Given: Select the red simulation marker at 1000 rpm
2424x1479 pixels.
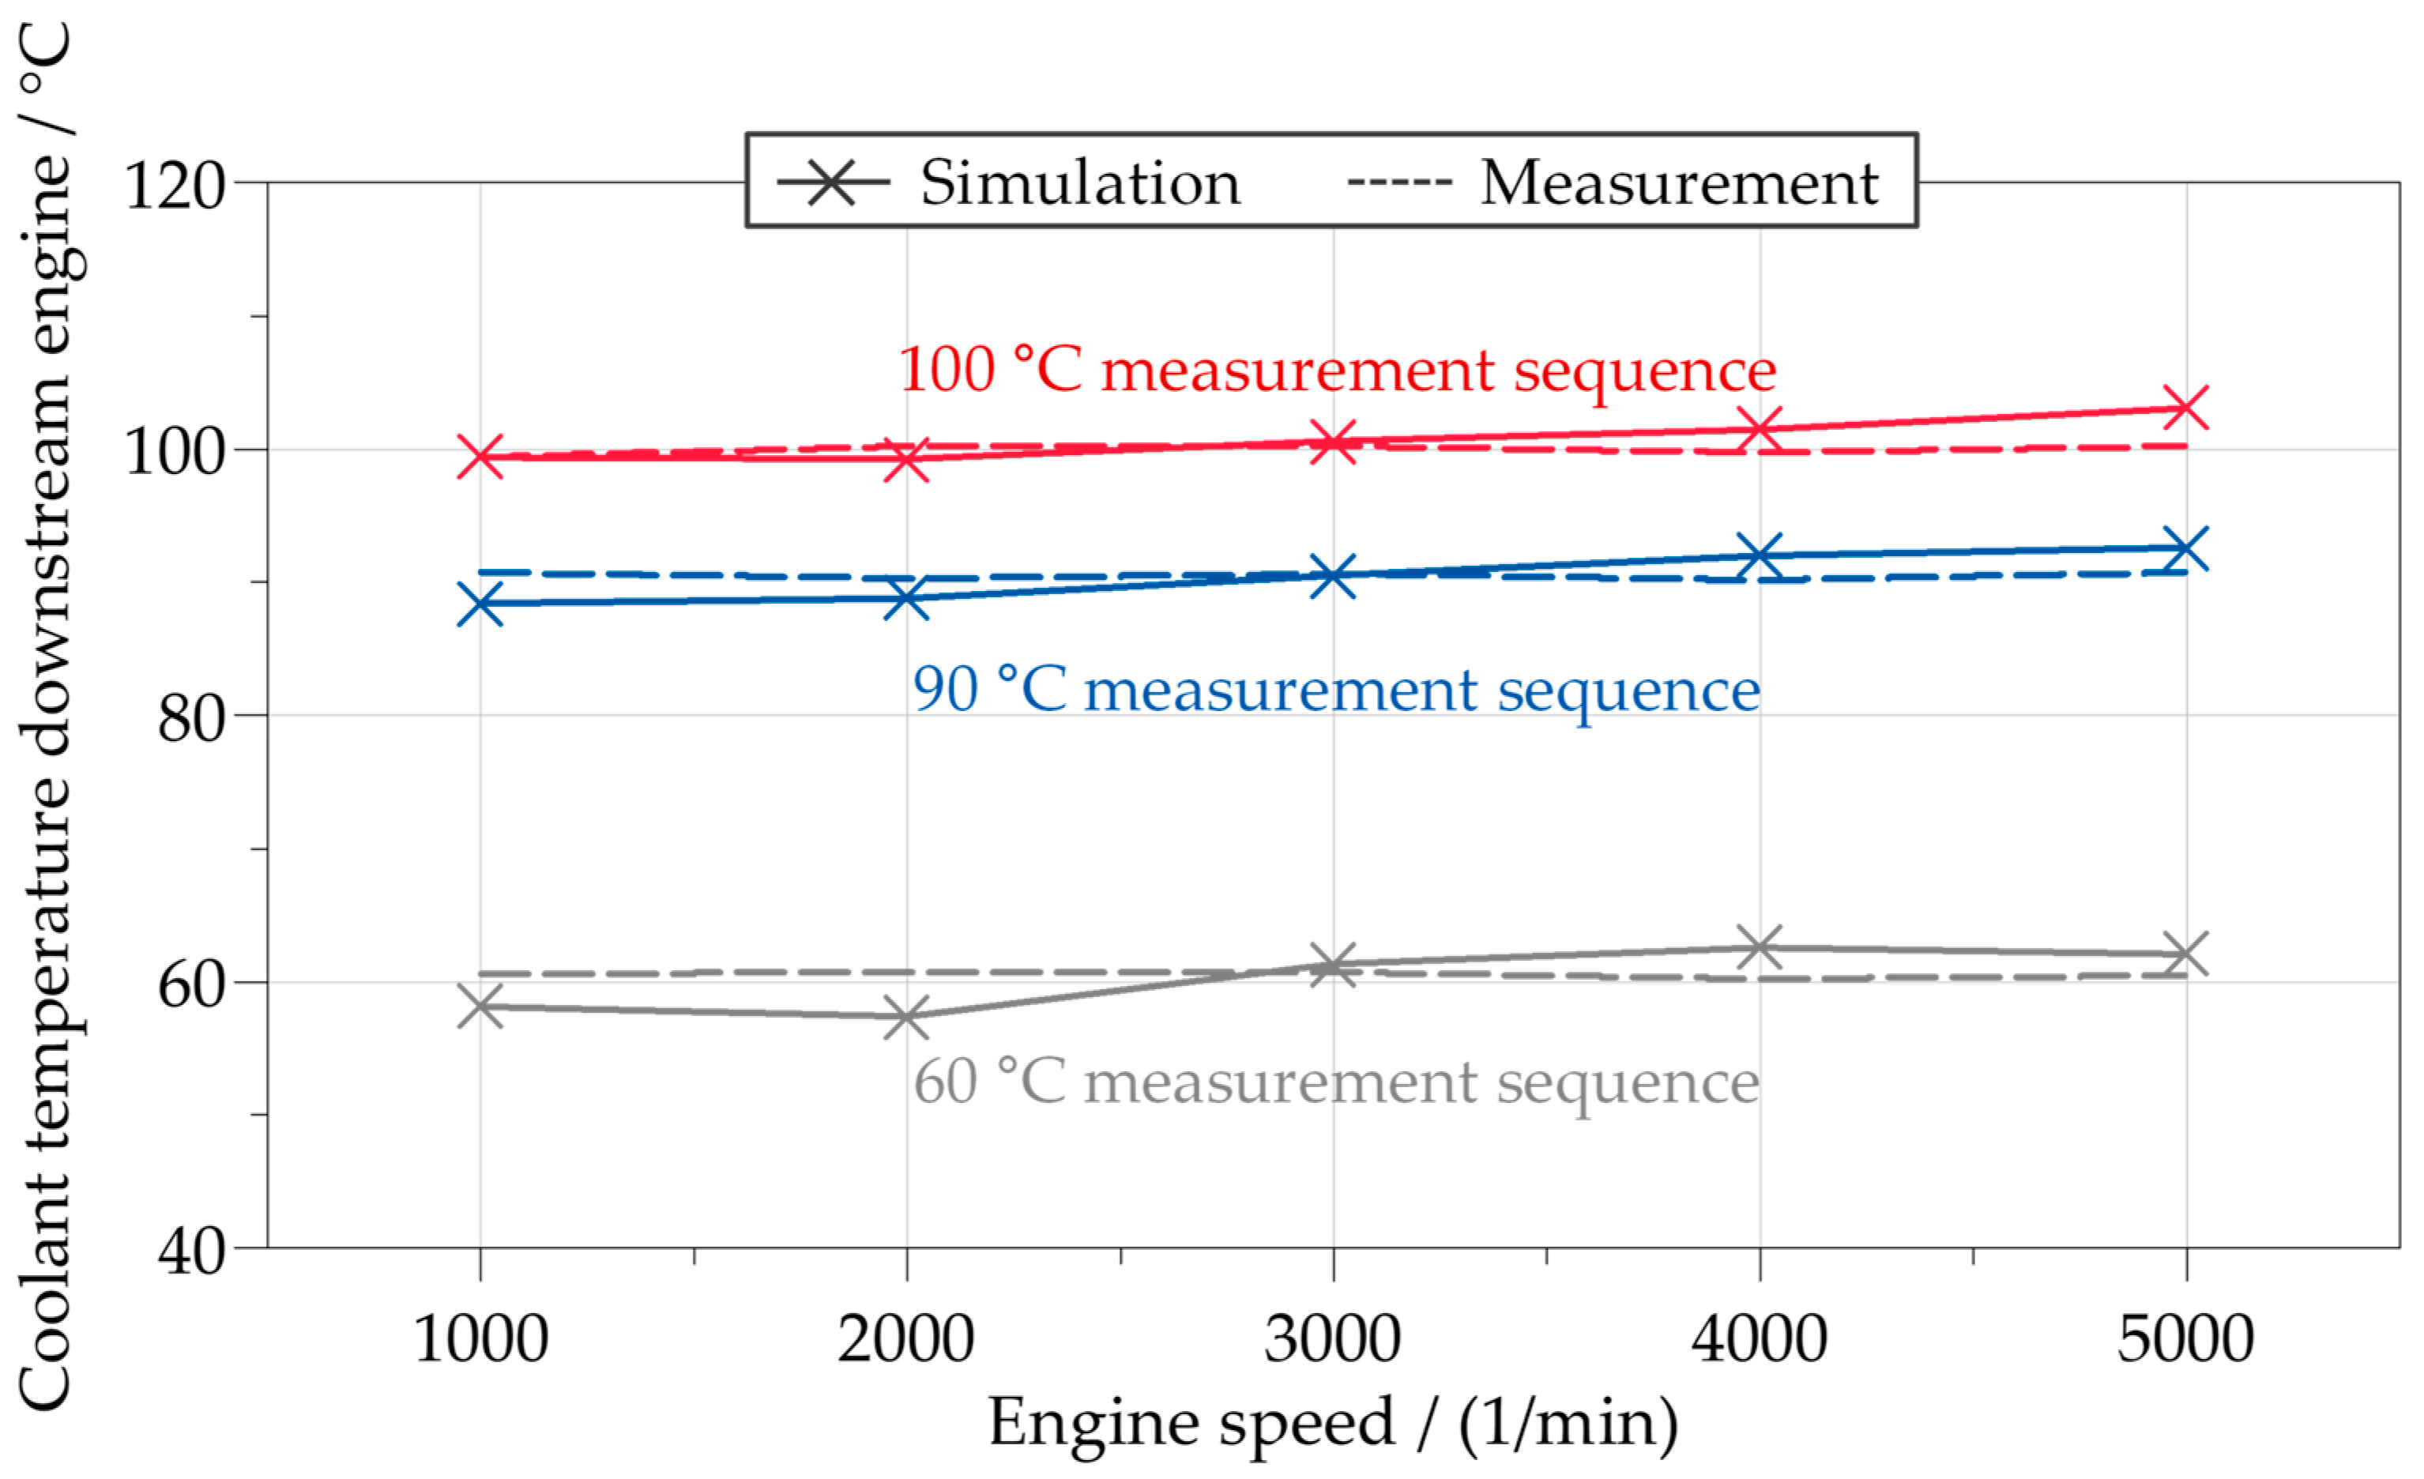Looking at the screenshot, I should tap(480, 457).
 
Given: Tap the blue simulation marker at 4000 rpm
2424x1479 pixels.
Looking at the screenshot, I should tap(1759, 556).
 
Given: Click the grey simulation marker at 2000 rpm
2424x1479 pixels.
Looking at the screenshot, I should tap(906, 1017).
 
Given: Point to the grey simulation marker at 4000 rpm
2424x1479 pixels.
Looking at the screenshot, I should tap(1759, 947).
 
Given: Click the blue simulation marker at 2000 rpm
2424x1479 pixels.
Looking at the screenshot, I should tap(906, 597).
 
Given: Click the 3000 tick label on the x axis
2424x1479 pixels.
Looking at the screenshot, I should tap(1332, 1339).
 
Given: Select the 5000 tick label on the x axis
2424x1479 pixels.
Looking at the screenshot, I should tap(2185, 1339).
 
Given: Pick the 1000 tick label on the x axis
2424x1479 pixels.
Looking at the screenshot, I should tap(480, 1339).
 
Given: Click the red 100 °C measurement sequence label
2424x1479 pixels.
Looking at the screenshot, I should tap(1337, 371).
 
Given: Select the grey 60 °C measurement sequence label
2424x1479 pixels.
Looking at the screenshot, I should tap(1336, 1082).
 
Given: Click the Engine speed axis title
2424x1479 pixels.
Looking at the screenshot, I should tap(1332, 1423).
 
